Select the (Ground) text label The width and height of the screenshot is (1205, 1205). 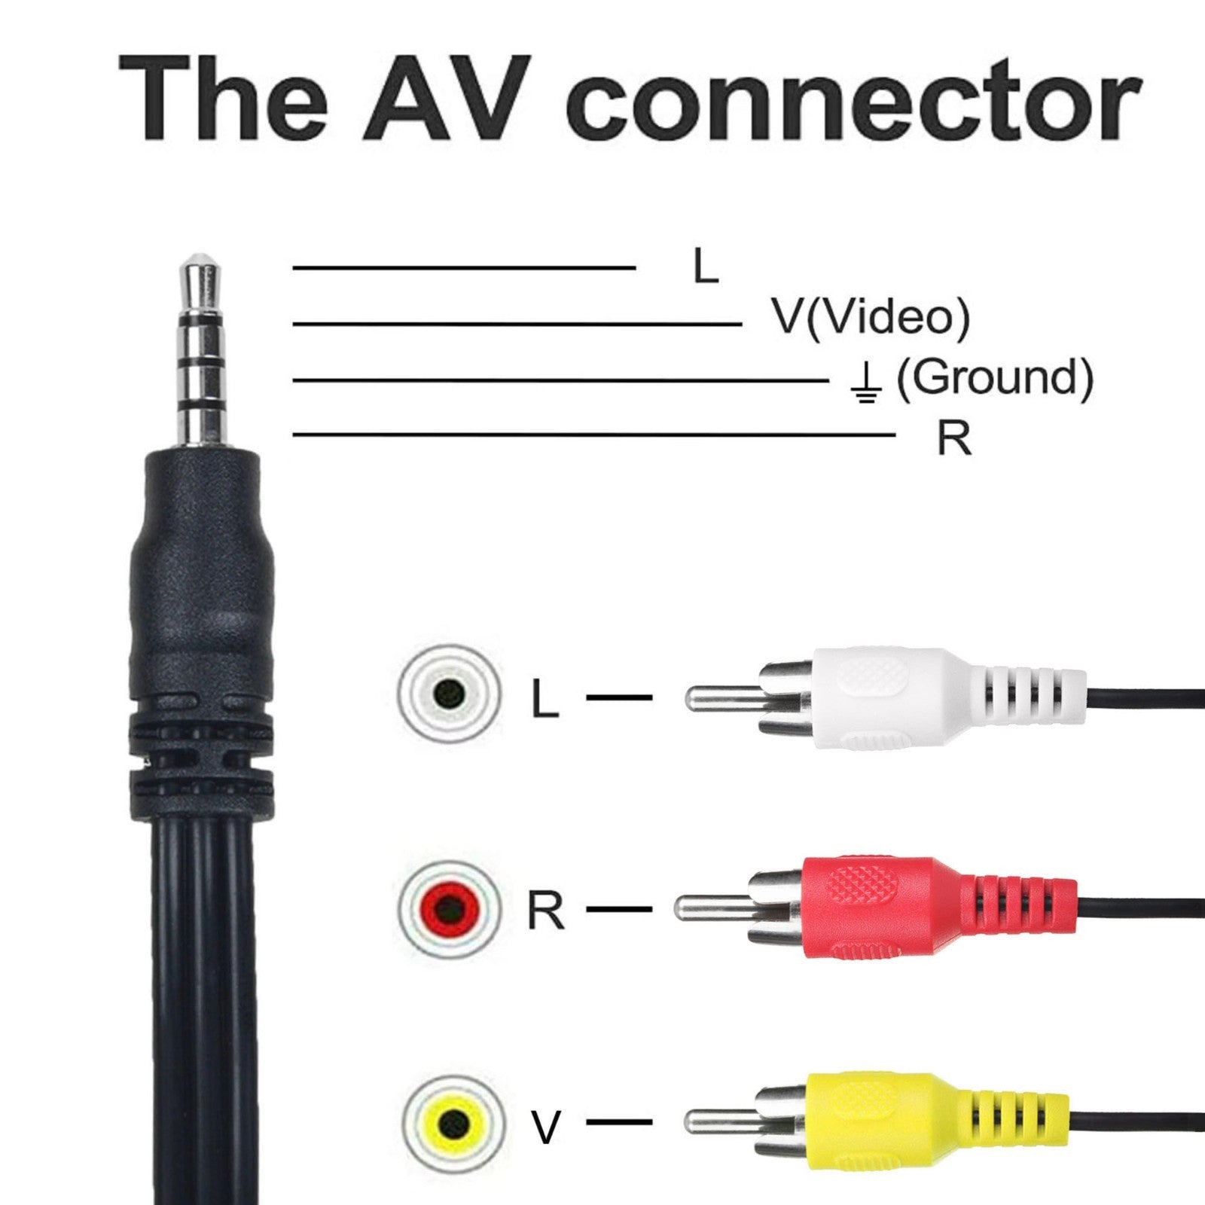click(x=994, y=377)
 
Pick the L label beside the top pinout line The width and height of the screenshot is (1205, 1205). click(x=705, y=267)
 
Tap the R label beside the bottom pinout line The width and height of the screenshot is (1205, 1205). click(x=953, y=438)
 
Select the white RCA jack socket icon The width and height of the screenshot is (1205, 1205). click(x=450, y=690)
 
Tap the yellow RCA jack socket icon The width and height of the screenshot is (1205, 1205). click(x=450, y=1125)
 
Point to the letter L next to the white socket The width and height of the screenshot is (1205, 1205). click(x=545, y=698)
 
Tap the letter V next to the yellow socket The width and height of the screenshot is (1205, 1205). click(x=546, y=1127)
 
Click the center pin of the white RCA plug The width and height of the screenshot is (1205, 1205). click(x=723, y=697)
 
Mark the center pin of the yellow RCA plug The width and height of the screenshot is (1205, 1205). click(x=723, y=1122)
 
